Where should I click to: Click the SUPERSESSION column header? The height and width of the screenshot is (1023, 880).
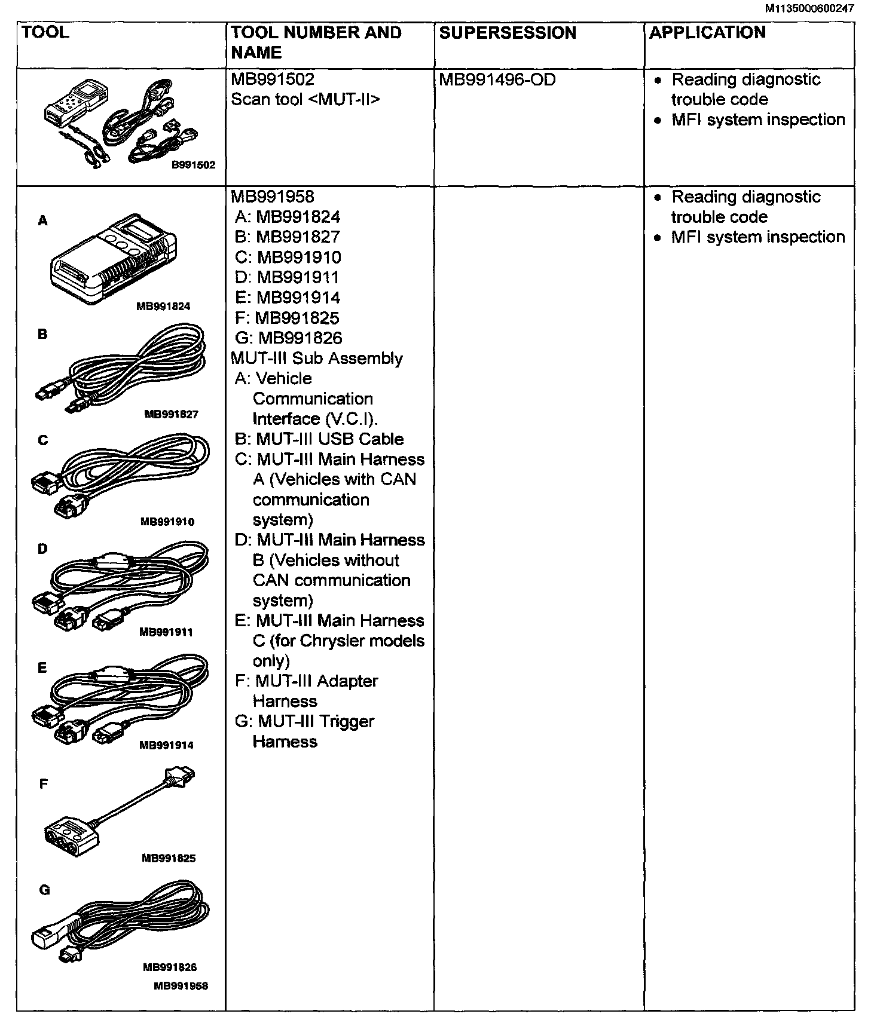(x=508, y=33)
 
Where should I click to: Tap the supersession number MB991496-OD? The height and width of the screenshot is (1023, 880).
(x=497, y=79)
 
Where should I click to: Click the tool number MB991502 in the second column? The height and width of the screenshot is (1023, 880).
(x=273, y=79)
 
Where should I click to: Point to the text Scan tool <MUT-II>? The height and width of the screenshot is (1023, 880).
(x=305, y=99)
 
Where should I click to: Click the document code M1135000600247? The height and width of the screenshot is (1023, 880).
(x=809, y=8)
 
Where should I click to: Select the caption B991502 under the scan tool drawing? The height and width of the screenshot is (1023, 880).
(x=193, y=165)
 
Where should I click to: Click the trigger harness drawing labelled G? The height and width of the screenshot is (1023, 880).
(x=120, y=923)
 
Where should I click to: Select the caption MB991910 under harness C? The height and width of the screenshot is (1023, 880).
(x=167, y=522)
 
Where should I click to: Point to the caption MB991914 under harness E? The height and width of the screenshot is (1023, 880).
(x=166, y=745)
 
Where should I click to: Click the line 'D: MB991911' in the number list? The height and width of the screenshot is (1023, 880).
(x=288, y=278)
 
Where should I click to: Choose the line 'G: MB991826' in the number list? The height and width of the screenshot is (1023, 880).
(x=289, y=338)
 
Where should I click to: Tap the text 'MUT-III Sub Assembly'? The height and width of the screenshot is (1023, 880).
(x=317, y=359)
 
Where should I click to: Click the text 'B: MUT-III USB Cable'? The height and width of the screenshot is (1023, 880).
(x=319, y=439)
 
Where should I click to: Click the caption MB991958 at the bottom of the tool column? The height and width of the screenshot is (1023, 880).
(x=181, y=986)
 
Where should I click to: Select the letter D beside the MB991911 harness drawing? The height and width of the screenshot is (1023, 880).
(x=42, y=549)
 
